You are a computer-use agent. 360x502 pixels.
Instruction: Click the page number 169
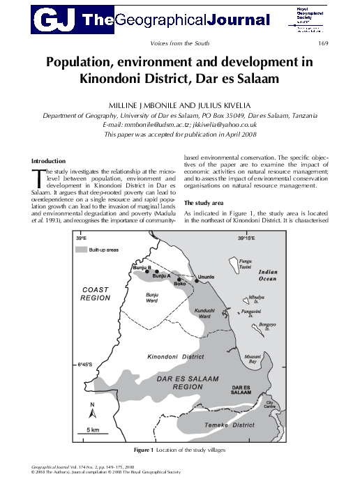point(322,45)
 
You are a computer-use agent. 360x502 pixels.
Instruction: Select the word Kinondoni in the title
point(130,79)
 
